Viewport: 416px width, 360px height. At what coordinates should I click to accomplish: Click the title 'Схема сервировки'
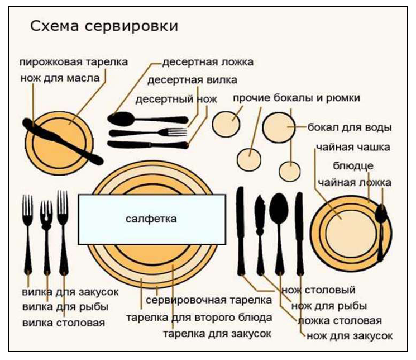[104, 26]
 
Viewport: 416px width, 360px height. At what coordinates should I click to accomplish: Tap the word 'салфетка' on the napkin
[151, 219]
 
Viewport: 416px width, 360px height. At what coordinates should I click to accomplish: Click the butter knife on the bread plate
[63, 141]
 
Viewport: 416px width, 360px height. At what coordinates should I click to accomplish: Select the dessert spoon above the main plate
[148, 119]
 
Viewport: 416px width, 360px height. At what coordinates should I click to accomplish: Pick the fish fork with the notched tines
[46, 237]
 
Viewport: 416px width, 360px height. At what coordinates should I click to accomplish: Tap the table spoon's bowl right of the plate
[279, 207]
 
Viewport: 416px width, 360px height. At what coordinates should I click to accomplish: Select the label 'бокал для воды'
[350, 127]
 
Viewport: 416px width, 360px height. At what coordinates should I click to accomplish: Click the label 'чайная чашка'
[353, 147]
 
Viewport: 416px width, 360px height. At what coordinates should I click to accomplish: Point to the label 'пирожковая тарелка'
[74, 62]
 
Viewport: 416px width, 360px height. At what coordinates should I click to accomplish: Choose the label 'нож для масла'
[60, 78]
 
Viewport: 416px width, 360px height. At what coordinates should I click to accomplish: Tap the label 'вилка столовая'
[64, 323]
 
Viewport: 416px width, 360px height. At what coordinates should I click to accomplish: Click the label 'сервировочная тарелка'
[209, 300]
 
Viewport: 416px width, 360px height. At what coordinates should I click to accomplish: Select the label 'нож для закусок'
[350, 336]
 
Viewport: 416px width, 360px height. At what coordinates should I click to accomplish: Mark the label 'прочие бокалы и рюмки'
[297, 98]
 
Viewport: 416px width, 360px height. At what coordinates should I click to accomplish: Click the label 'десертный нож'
[176, 100]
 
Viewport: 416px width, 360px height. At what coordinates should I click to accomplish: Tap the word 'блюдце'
[353, 166]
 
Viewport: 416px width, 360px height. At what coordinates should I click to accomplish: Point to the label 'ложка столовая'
[340, 321]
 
